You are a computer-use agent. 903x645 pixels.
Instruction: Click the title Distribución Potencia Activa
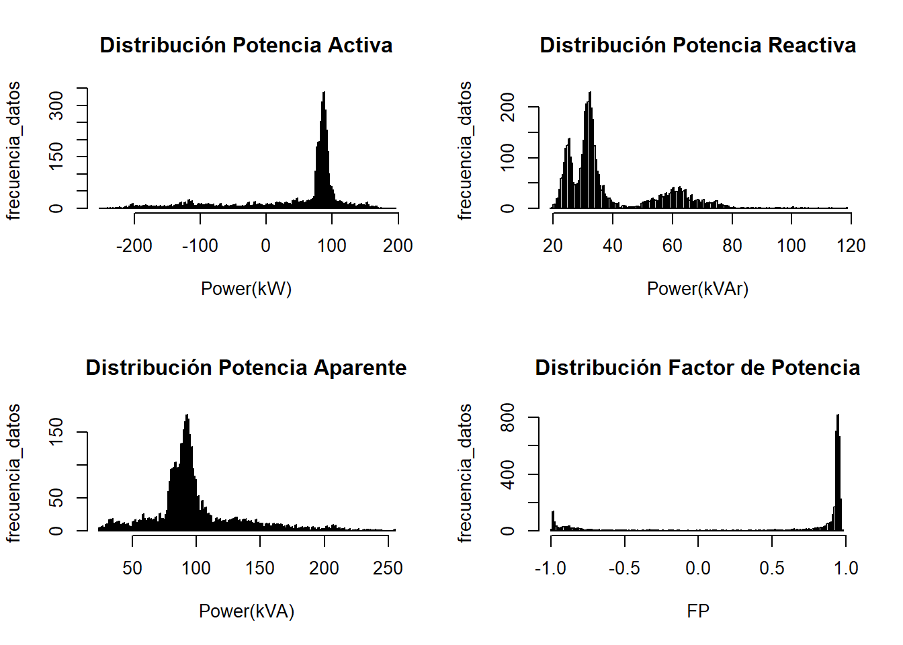click(x=246, y=45)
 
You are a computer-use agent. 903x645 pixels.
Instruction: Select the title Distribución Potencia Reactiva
click(x=697, y=45)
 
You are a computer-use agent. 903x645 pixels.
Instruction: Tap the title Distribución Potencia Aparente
click(x=246, y=368)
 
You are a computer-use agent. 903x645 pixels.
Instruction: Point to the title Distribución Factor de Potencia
click(x=697, y=368)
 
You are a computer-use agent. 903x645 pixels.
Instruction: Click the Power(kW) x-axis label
click(x=246, y=289)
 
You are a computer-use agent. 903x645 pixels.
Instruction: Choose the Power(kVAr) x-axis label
click(x=697, y=289)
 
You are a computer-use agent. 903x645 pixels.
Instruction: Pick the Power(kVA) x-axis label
click(x=246, y=611)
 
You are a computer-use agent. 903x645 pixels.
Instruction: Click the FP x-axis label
click(x=698, y=611)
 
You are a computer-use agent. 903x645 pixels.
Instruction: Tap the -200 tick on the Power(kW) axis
click(x=134, y=246)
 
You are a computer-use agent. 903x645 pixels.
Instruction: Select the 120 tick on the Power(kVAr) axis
click(x=851, y=246)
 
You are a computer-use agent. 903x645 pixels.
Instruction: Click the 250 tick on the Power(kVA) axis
click(x=388, y=568)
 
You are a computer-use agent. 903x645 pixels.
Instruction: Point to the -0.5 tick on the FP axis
click(x=624, y=568)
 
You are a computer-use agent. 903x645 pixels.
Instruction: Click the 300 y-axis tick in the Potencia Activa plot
click(x=57, y=105)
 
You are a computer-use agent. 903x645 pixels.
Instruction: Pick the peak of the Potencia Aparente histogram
click(x=187, y=417)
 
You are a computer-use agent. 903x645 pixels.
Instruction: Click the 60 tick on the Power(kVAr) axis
click(x=672, y=246)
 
